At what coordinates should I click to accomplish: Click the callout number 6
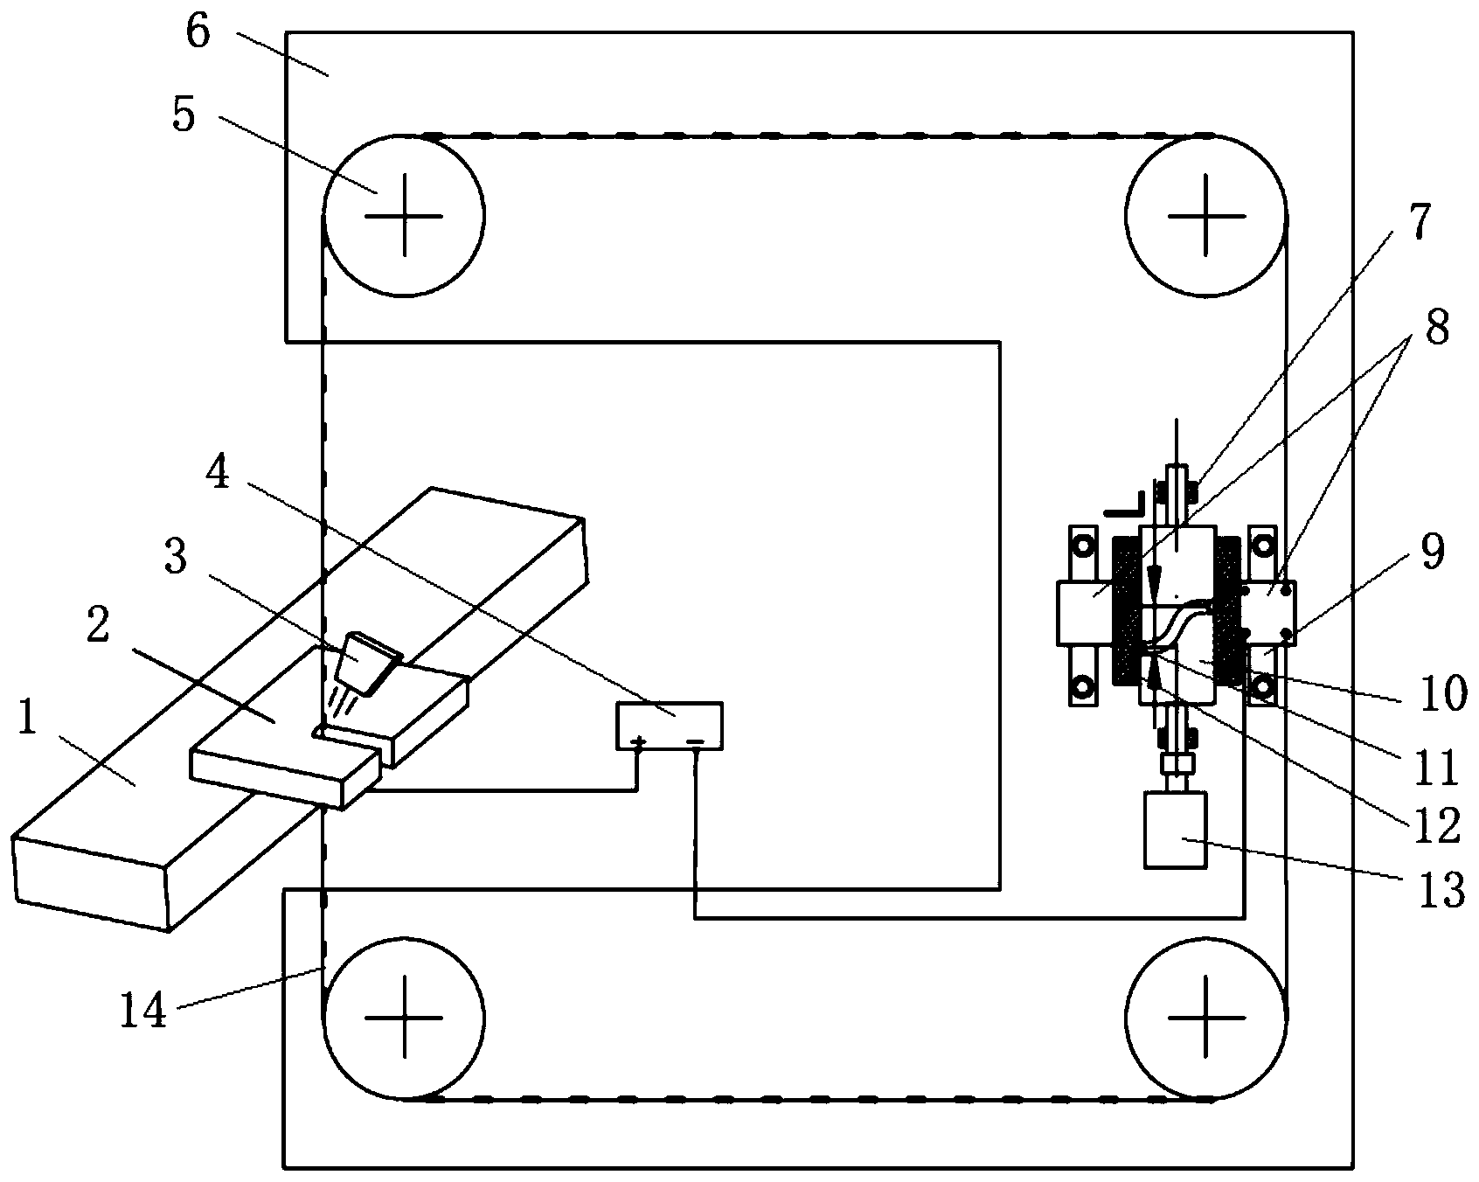click(198, 34)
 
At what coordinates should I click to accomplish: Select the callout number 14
click(143, 1012)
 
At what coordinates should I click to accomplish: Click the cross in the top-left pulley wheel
click(403, 214)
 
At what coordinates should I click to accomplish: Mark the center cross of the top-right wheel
click(1206, 214)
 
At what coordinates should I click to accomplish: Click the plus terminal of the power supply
click(639, 743)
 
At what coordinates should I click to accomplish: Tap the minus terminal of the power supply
click(695, 743)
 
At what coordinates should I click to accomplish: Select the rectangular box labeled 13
click(1176, 830)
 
